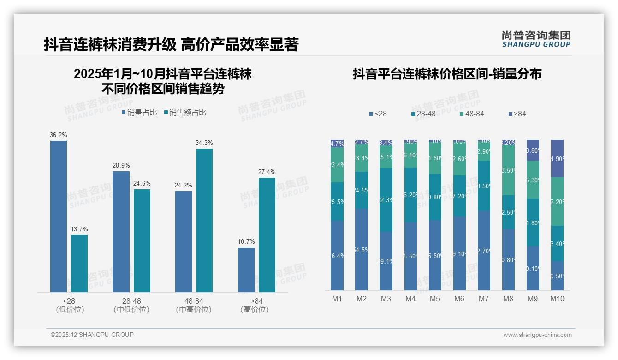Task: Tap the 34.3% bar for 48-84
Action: [x=204, y=220]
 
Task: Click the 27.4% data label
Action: [x=267, y=172]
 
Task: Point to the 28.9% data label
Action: [x=121, y=165]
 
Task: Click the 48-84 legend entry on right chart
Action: [x=471, y=114]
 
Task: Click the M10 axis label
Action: [x=557, y=299]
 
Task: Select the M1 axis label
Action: [x=337, y=299]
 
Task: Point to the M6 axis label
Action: [x=459, y=299]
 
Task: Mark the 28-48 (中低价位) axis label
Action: [x=131, y=306]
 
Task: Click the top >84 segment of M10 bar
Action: [x=557, y=158]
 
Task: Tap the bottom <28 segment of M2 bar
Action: [x=362, y=249]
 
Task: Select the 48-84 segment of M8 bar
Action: [x=508, y=170]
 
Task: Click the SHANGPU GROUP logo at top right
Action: [x=536, y=39]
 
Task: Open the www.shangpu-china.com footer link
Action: [x=537, y=335]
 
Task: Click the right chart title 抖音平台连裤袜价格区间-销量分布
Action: [x=447, y=74]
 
